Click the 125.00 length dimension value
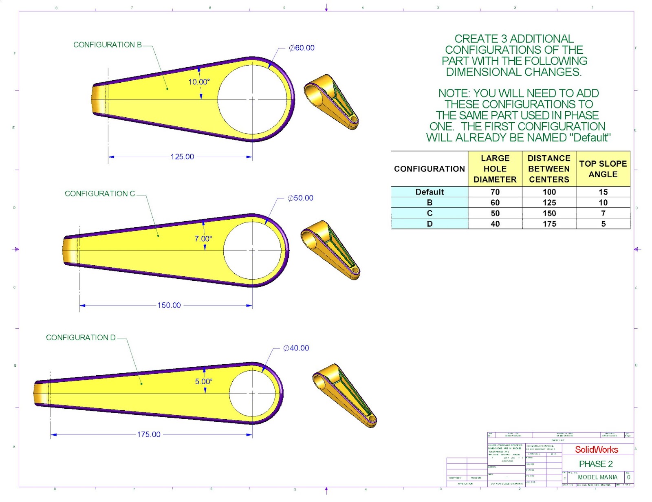pyautogui.click(x=182, y=157)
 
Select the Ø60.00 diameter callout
pyautogui.click(x=302, y=48)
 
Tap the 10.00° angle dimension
pyautogui.click(x=199, y=82)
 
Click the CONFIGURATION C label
pyautogui.click(x=100, y=194)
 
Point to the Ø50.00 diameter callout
pyautogui.click(x=300, y=198)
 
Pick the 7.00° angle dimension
pyautogui.click(x=203, y=239)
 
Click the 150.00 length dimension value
pyautogui.click(x=169, y=305)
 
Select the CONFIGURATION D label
pyautogui.click(x=81, y=337)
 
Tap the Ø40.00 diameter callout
pyautogui.click(x=296, y=348)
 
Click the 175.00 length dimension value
pyautogui.click(x=149, y=434)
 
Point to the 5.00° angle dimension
pyautogui.click(x=203, y=381)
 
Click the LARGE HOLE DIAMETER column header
pyautogui.click(x=495, y=169)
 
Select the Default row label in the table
pyautogui.click(x=430, y=192)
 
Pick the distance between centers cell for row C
pyautogui.click(x=549, y=213)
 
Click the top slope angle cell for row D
pyautogui.click(x=603, y=224)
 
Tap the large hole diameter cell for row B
pyautogui.click(x=495, y=203)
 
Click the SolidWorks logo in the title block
pyautogui.click(x=597, y=449)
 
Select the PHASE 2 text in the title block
pyautogui.click(x=596, y=464)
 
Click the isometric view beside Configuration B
pyautogui.click(x=331, y=101)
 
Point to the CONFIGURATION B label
pyautogui.click(x=108, y=45)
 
